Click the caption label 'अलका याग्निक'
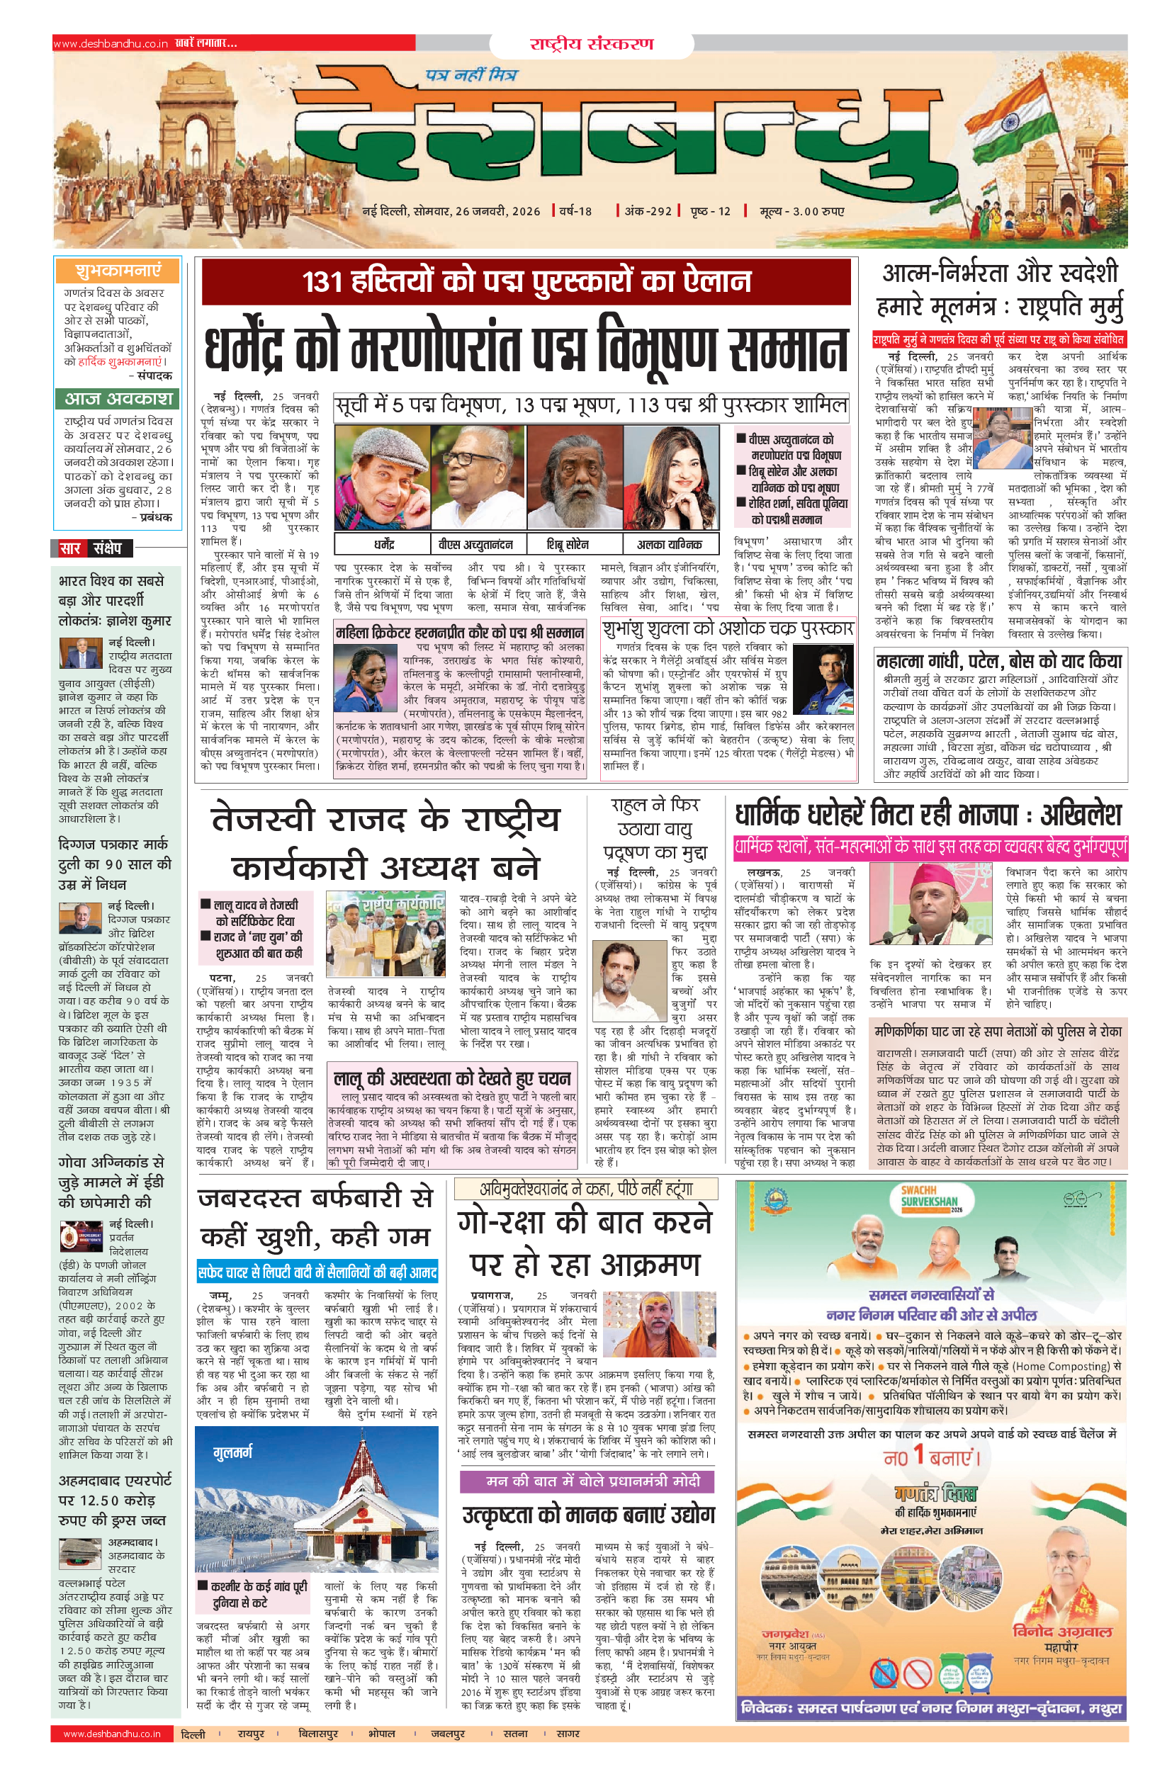click(669, 545)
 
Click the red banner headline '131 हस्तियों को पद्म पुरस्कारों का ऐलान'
click(526, 282)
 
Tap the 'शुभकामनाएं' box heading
click(118, 270)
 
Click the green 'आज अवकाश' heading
click(118, 398)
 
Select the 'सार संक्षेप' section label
click(92, 548)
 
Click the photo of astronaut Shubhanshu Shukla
click(823, 679)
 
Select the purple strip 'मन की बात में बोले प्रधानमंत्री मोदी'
click(587, 1481)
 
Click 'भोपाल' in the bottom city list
click(381, 1734)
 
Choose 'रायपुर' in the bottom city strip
click(251, 1734)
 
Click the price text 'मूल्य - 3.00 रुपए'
click(802, 211)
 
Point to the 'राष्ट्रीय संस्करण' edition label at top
click(591, 43)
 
